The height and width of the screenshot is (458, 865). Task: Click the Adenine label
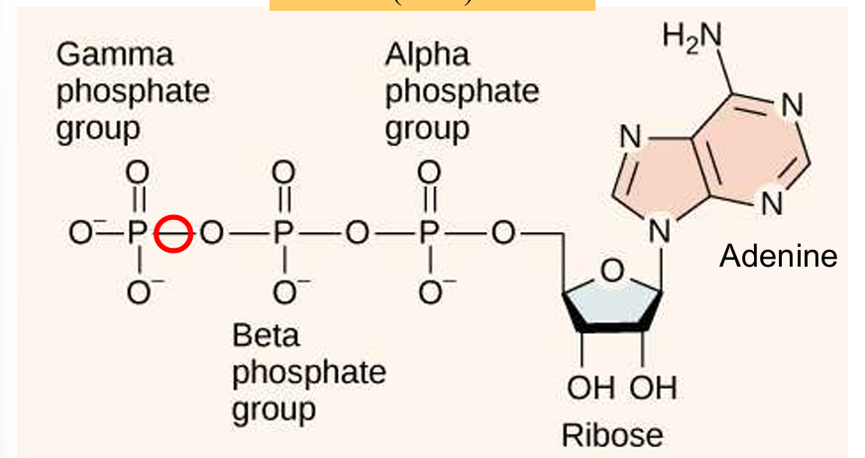pyautogui.click(x=778, y=257)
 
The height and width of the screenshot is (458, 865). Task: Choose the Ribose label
pyautogui.click(x=611, y=434)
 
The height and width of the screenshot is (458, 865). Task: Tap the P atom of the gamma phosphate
pyautogui.click(x=138, y=235)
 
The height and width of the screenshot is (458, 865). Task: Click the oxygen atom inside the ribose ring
pyautogui.click(x=612, y=270)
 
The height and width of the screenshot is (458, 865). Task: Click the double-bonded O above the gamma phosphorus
pyautogui.click(x=138, y=172)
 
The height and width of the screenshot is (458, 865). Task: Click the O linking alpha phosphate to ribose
pyautogui.click(x=502, y=235)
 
